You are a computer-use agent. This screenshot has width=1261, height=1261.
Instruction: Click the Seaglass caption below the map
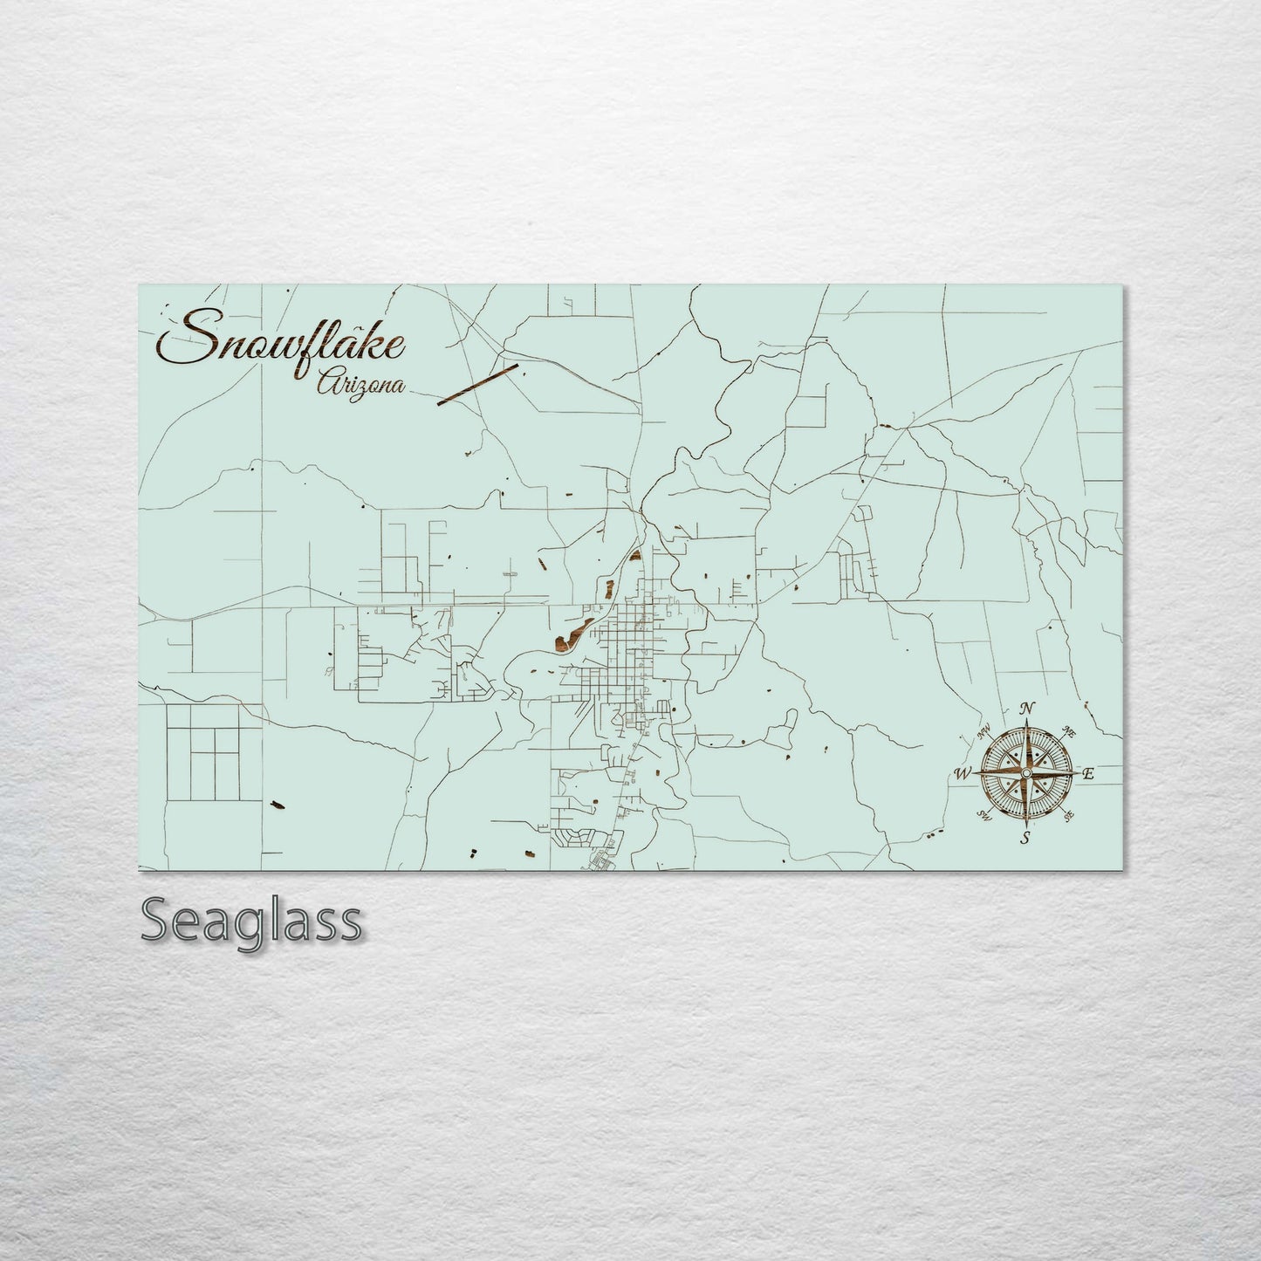(x=250, y=920)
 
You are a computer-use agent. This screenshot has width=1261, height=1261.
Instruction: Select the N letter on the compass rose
(x=1028, y=708)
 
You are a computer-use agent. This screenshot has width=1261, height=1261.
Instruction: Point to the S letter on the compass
(x=1026, y=839)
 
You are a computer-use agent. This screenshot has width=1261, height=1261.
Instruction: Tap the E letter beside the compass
(x=1087, y=773)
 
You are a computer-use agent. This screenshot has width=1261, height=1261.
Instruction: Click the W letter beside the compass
(x=963, y=773)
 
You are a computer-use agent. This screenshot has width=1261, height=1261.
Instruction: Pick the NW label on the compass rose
(x=987, y=732)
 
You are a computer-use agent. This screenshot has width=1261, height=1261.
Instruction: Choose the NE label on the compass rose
(x=1066, y=730)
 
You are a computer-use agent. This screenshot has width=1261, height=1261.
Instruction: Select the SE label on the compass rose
(x=1067, y=817)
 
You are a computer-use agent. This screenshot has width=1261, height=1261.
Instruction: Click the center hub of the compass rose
(x=1026, y=773)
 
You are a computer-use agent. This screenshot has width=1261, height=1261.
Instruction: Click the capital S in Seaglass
(x=159, y=920)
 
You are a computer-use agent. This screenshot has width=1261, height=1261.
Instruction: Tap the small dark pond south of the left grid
(x=278, y=805)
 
